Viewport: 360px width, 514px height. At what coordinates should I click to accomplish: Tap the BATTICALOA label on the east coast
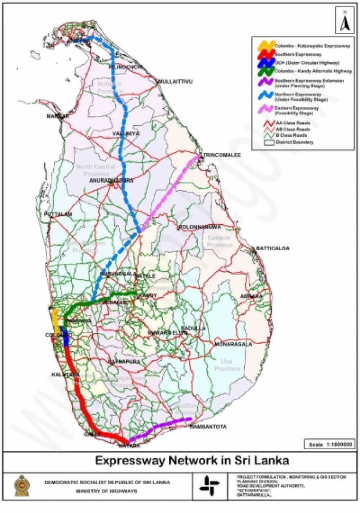[x=273, y=248]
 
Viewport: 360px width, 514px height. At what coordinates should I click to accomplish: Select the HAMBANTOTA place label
[x=208, y=427]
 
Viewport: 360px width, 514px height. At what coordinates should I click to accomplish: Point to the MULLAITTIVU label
[x=175, y=81]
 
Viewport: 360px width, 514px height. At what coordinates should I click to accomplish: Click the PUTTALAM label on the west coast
[x=59, y=214]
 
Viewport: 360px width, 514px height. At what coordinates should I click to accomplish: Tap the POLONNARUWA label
[x=199, y=227]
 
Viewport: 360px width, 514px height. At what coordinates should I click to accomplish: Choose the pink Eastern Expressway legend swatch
[x=266, y=109]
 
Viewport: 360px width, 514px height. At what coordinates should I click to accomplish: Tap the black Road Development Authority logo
[x=209, y=486]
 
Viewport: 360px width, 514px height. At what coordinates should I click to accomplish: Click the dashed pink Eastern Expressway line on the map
[x=171, y=191]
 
